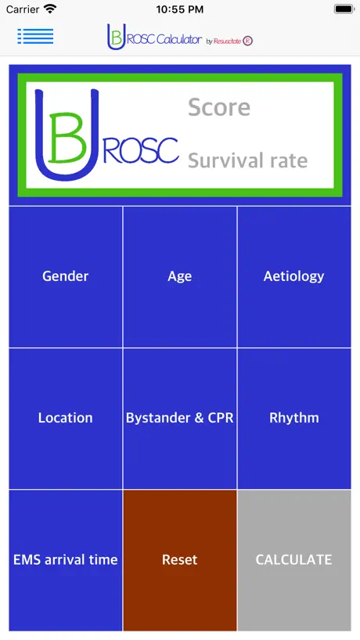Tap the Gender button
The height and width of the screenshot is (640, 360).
pyautogui.click(x=65, y=277)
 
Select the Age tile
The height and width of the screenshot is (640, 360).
pyautogui.click(x=179, y=277)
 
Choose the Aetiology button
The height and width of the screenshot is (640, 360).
pyautogui.click(x=294, y=277)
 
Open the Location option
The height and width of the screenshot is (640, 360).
pyautogui.click(x=65, y=419)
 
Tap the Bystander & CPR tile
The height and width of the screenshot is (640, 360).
pyautogui.click(x=179, y=419)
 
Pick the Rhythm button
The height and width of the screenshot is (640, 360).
pyautogui.click(x=294, y=419)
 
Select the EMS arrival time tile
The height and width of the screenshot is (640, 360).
pyautogui.click(x=65, y=560)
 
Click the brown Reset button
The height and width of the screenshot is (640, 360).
pyautogui.click(x=179, y=560)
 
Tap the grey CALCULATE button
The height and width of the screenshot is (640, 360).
pyautogui.click(x=294, y=560)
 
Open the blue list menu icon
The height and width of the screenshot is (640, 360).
pyautogui.click(x=35, y=36)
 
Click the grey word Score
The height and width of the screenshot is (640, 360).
pyautogui.click(x=219, y=107)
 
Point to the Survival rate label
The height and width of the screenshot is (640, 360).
pyautogui.click(x=248, y=161)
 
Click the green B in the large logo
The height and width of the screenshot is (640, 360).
pyautogui.click(x=68, y=138)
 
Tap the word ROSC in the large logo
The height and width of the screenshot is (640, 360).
pyautogui.click(x=141, y=151)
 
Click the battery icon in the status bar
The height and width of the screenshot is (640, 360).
pyautogui.click(x=344, y=9)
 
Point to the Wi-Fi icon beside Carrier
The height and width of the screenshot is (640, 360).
pyautogui.click(x=50, y=9)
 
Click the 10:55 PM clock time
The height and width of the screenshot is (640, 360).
pyautogui.click(x=179, y=9)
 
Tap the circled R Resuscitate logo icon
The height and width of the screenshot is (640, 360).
pyautogui.click(x=248, y=41)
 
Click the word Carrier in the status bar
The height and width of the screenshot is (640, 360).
pyautogui.click(x=23, y=9)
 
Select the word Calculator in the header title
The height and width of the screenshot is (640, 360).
pyautogui.click(x=179, y=40)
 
